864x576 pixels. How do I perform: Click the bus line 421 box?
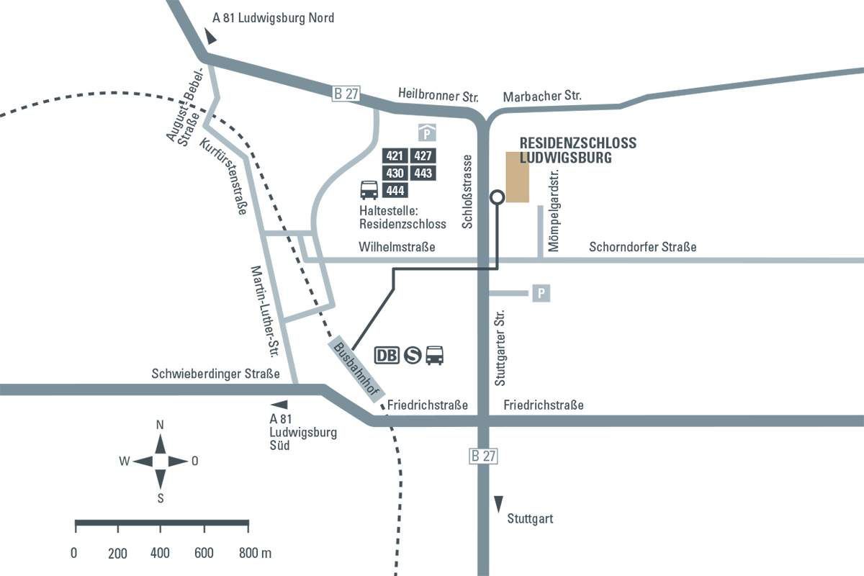pyautogui.click(x=395, y=156)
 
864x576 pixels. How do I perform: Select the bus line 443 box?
pyautogui.click(x=423, y=173)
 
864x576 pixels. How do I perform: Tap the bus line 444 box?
pyautogui.click(x=395, y=190)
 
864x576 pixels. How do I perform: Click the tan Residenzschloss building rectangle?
pyautogui.click(x=517, y=177)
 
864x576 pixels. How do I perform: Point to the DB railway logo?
pyautogui.click(x=387, y=355)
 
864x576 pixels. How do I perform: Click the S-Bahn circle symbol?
pyautogui.click(x=412, y=355)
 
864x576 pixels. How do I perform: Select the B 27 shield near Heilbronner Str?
pyautogui.click(x=346, y=94)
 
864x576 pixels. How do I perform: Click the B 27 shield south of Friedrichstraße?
pyautogui.click(x=483, y=456)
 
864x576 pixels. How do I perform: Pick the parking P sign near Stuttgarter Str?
pyautogui.click(x=541, y=293)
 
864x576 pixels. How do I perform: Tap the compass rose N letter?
pyautogui.click(x=160, y=425)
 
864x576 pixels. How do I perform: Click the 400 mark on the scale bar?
pyautogui.click(x=161, y=553)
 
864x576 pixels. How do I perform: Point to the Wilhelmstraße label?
pyautogui.click(x=397, y=247)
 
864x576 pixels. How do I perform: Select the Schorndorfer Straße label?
pyautogui.click(x=642, y=247)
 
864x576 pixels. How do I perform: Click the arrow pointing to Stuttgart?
pyautogui.click(x=498, y=503)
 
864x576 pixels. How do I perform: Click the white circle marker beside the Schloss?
pyautogui.click(x=496, y=197)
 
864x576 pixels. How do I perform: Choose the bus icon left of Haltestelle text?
pyautogui.click(x=369, y=190)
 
